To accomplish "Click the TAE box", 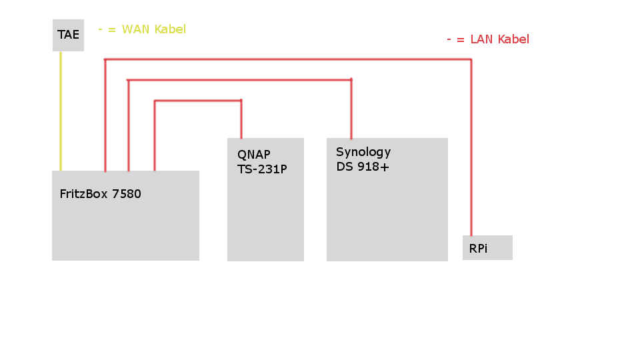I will point(68,35).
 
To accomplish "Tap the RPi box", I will point(487,247).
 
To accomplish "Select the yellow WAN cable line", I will point(61,110).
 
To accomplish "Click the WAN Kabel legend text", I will point(142,29).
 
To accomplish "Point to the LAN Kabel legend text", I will point(488,39).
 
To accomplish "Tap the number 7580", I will point(127,195).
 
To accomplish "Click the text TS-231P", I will point(262,169).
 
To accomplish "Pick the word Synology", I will point(363,152).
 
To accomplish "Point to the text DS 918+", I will point(363,167).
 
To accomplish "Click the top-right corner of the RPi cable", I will point(471,59).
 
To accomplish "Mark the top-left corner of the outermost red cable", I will point(105,59).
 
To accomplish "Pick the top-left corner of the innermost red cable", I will point(155,101).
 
